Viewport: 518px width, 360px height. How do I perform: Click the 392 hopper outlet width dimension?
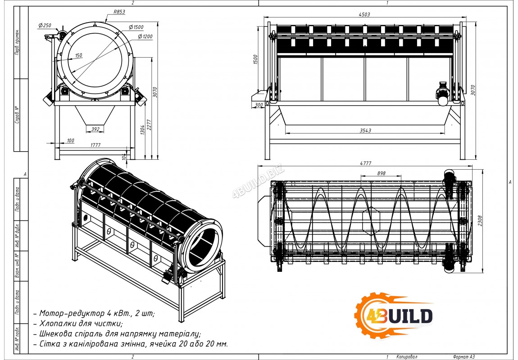coord(95,130)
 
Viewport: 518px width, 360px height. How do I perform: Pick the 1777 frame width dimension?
coord(95,145)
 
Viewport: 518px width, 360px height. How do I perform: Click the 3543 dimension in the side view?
coord(365,130)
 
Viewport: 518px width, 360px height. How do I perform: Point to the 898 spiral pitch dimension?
coord(381,173)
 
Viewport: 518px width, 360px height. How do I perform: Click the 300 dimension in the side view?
coord(259,105)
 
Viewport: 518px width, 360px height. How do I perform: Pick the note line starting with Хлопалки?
coord(81,324)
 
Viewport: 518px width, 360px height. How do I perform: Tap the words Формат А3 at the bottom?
coord(464,357)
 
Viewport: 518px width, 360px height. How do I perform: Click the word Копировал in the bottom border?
coord(407,357)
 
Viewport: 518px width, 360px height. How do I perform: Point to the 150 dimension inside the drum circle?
coord(79,55)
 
